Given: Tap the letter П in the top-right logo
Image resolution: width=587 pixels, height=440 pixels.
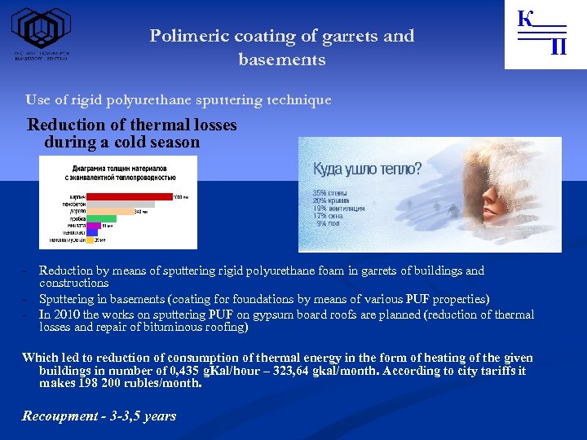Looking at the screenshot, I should [558, 48].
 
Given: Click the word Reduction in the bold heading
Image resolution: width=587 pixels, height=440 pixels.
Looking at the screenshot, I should [64, 125].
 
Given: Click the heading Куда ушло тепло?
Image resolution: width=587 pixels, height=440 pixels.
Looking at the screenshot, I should [368, 169].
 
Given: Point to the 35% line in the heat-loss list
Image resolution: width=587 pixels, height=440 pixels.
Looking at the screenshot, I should [330, 193].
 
